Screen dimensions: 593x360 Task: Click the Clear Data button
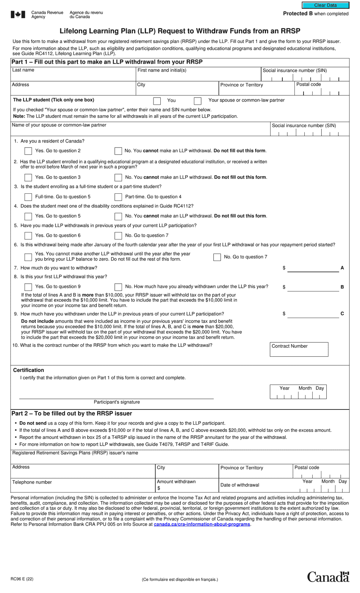click(x=325, y=5)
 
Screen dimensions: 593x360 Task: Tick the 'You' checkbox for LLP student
click(x=157, y=101)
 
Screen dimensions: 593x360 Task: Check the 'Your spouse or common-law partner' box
click(x=197, y=101)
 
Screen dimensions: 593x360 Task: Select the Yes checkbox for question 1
click(x=28, y=151)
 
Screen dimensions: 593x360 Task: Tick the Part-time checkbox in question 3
click(x=118, y=197)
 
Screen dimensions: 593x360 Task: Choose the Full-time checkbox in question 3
click(x=28, y=197)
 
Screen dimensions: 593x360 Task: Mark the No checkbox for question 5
click(x=118, y=235)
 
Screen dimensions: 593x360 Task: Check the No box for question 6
click(x=217, y=257)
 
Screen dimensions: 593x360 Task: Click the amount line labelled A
click(x=313, y=268)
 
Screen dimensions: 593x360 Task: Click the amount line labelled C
click(x=313, y=314)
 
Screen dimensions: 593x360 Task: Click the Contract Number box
click(x=299, y=350)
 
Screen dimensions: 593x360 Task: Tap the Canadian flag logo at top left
click(x=18, y=15)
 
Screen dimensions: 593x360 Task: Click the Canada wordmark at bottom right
click(x=328, y=577)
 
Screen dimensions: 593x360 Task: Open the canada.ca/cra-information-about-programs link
click(x=202, y=524)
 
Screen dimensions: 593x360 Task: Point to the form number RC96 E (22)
click(x=22, y=579)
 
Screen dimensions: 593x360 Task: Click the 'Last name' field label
click(x=23, y=70)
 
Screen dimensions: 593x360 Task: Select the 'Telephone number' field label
click(x=32, y=482)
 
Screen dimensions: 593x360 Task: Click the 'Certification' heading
click(x=28, y=370)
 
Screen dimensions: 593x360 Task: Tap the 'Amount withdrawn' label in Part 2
click(x=176, y=482)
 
